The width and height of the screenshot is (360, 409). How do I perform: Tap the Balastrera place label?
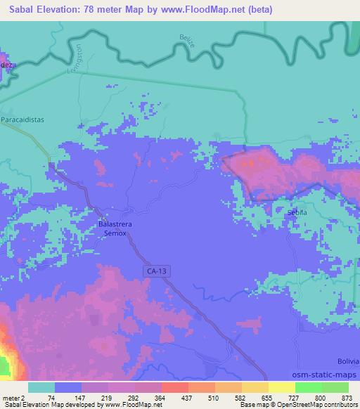(115, 226)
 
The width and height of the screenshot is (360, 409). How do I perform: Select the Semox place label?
(115, 233)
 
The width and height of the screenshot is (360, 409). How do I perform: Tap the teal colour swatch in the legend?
(41, 387)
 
